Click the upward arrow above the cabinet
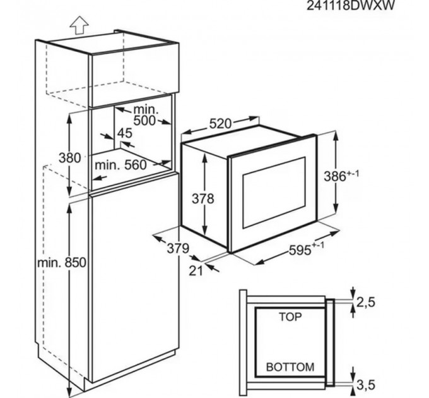[x=79, y=25]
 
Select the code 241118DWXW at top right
[x=351, y=5]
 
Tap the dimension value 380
[x=70, y=158]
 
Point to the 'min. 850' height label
[x=62, y=263]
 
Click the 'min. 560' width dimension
[x=120, y=165]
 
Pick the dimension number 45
[x=125, y=133]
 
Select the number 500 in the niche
[x=144, y=121]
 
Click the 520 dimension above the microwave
[x=220, y=124]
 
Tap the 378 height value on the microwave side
[x=203, y=198]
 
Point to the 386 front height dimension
[x=341, y=176]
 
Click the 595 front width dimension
[x=307, y=249]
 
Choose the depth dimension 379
[x=178, y=248]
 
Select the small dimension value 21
[x=196, y=270]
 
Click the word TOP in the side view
[x=290, y=317]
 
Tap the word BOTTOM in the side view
[x=290, y=367]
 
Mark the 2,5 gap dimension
[x=366, y=302]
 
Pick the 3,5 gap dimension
[x=366, y=385]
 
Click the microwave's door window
[x=274, y=192]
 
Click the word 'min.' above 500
[x=146, y=110]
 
